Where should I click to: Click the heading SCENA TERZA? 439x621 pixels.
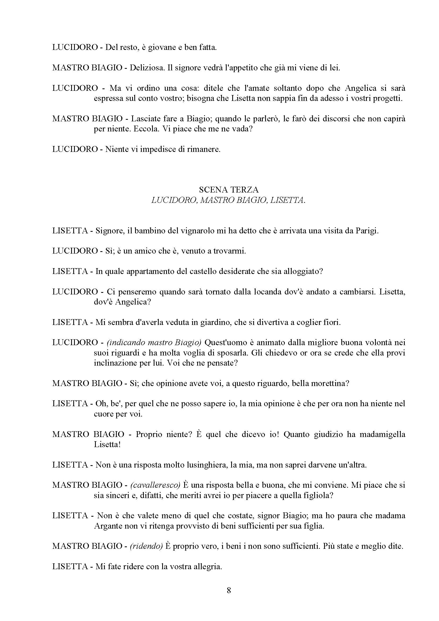(x=229, y=190)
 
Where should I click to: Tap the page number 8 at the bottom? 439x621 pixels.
(x=229, y=590)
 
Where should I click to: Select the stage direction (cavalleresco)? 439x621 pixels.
(x=155, y=485)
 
